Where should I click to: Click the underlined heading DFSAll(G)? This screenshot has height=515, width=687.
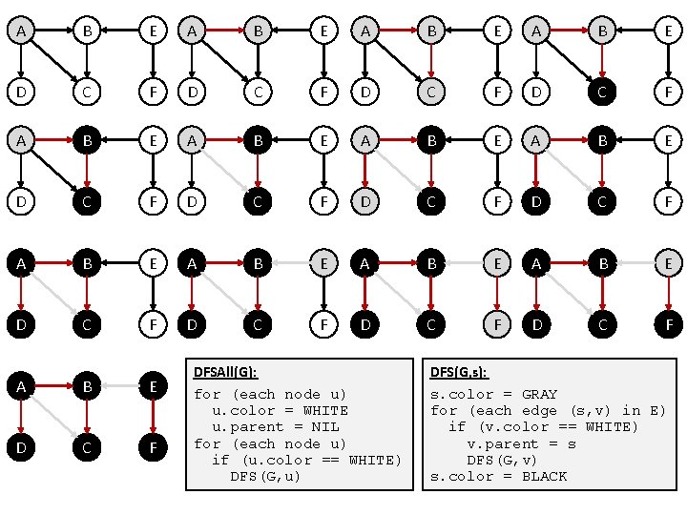225,372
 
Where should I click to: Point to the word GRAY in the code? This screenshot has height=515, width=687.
539,394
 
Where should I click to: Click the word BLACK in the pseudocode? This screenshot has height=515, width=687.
544,476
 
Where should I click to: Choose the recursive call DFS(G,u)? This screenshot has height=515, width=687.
265,476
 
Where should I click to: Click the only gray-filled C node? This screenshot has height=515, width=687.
431,93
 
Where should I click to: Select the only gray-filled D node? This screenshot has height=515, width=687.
364,201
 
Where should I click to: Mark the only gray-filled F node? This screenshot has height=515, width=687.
496,324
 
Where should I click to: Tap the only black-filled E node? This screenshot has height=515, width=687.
152,386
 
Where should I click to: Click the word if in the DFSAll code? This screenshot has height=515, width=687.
220,460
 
